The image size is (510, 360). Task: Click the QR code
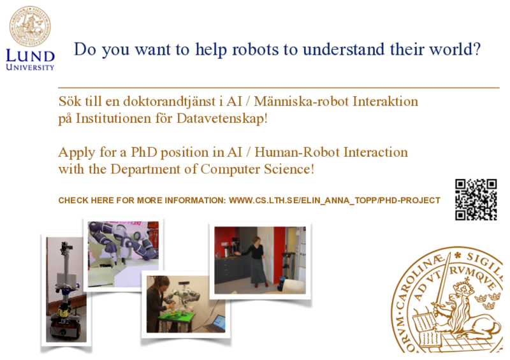pos(476,199)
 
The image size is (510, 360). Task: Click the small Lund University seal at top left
pos(30,26)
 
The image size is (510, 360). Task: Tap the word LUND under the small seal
pos(30,56)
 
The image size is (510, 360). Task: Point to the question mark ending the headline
pos(476,49)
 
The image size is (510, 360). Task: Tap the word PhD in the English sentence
pos(144,152)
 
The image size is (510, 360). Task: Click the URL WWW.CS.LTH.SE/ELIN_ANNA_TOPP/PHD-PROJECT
pos(335,200)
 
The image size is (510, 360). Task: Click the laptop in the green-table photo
pos(215,323)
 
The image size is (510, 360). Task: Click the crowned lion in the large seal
pos(465,312)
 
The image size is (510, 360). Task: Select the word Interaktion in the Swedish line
pos(386,101)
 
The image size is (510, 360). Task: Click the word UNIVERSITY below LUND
pos(30,68)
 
